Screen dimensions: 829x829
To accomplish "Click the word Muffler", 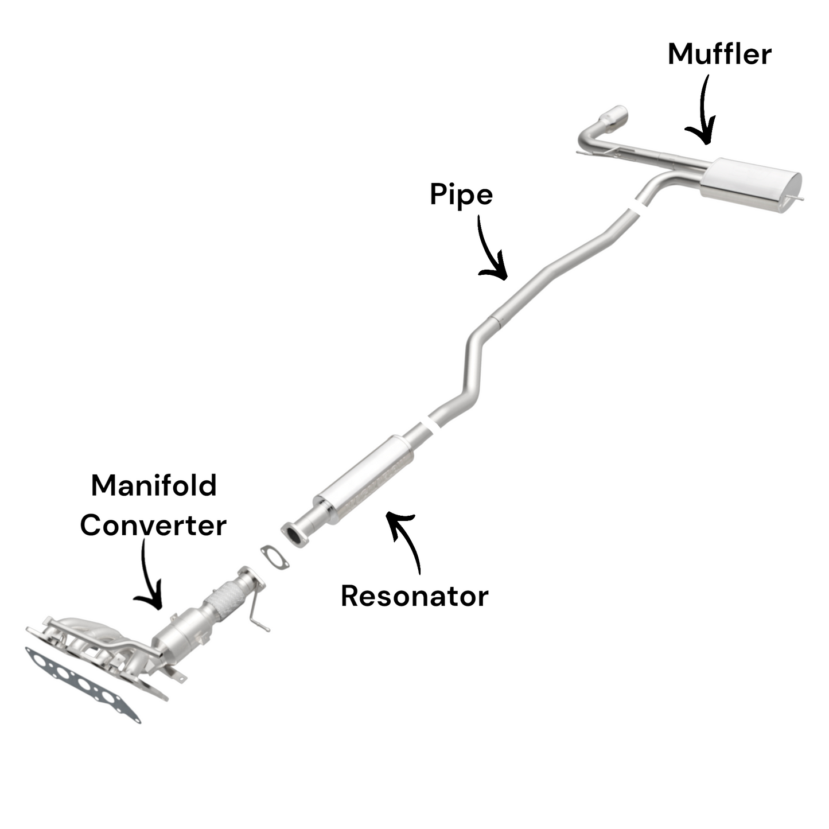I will (719, 55).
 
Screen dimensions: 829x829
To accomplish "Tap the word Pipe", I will (461, 195).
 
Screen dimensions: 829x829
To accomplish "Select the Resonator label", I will (414, 596).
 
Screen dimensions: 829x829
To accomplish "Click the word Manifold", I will (154, 485).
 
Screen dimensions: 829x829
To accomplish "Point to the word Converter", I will (153, 525).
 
